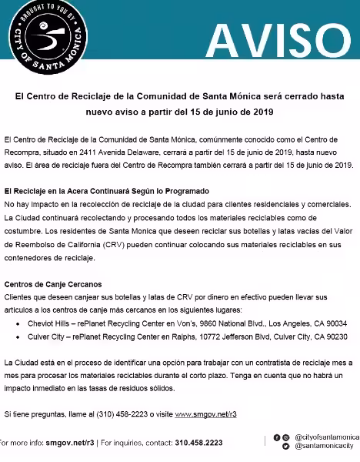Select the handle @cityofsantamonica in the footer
point(326,437)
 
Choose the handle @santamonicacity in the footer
point(323,447)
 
